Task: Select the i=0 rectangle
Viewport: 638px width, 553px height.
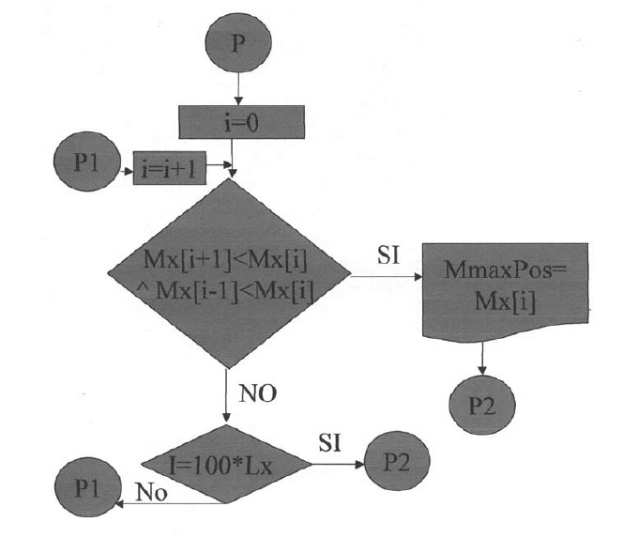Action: (x=242, y=122)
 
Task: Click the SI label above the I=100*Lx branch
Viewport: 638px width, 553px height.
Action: (x=329, y=443)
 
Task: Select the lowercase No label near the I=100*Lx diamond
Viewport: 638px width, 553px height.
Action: (x=151, y=491)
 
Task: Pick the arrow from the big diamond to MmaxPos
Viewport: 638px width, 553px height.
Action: (x=385, y=276)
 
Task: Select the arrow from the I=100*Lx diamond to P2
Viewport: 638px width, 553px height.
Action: (x=339, y=464)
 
